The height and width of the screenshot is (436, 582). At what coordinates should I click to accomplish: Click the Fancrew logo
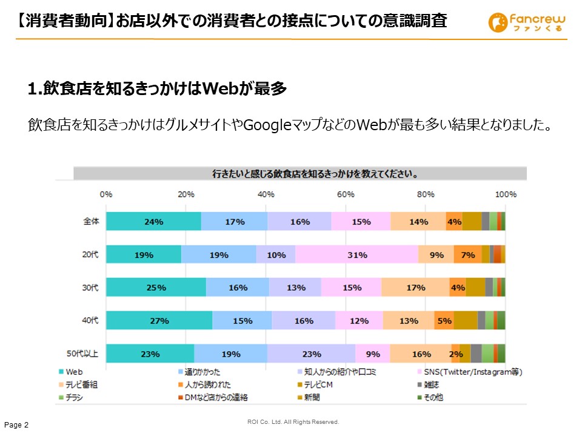click(x=527, y=23)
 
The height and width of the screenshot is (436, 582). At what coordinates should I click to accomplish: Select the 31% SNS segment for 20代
click(x=357, y=255)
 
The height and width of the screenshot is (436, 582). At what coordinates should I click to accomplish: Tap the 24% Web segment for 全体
click(x=153, y=222)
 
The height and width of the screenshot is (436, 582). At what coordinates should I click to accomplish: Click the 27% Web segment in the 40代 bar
click(x=159, y=321)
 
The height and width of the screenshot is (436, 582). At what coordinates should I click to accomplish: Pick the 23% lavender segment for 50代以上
click(x=311, y=354)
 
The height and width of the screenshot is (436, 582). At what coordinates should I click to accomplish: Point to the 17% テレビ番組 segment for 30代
click(x=415, y=288)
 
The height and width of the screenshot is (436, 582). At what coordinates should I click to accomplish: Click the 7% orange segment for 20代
click(x=467, y=255)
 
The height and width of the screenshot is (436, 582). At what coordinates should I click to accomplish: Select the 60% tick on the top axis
click(x=346, y=194)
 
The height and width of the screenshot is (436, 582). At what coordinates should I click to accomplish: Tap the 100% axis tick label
click(x=506, y=194)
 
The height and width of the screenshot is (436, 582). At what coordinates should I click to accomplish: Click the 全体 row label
click(x=90, y=222)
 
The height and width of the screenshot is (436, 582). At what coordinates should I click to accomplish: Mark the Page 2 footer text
click(x=17, y=425)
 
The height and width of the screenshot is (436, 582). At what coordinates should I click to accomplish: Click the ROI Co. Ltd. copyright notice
click(x=293, y=421)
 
